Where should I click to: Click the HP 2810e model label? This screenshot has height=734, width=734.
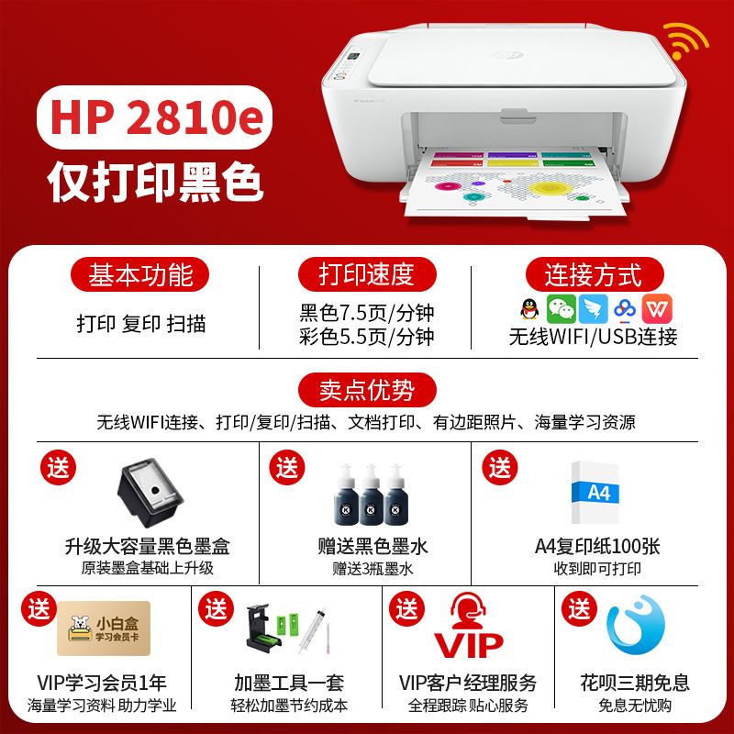[154, 117]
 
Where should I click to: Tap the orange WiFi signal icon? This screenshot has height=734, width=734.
[684, 40]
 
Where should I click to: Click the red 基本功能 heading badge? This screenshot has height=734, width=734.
[139, 274]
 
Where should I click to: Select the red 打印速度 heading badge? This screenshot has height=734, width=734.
[367, 274]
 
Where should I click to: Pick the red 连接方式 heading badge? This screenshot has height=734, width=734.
[595, 274]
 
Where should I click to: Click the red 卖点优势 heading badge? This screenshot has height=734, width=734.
[367, 390]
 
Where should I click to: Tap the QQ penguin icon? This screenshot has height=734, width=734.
[530, 309]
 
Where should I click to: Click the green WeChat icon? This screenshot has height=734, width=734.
[562, 309]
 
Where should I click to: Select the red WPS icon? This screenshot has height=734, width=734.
[657, 309]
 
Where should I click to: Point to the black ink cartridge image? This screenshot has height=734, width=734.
[150, 493]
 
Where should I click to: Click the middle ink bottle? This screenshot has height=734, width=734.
[372, 495]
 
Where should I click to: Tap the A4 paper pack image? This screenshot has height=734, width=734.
[595, 493]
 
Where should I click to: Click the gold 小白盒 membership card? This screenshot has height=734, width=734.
[104, 628]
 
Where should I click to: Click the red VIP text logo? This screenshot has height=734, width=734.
[469, 646]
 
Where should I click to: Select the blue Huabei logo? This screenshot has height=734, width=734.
[635, 625]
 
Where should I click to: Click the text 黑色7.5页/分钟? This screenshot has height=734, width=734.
[367, 313]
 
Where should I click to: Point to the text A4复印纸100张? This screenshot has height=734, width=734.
[597, 546]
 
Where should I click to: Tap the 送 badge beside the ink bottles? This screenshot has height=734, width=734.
[286, 467]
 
